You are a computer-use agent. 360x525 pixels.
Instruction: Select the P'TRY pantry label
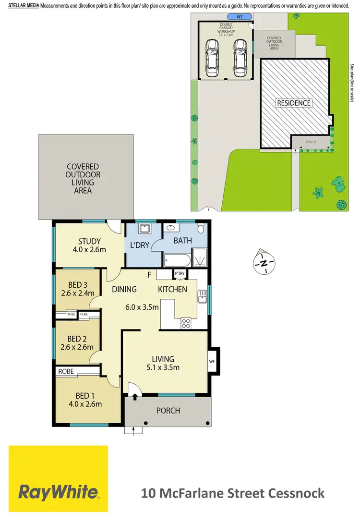[180, 274]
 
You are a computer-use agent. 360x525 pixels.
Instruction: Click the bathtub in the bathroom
[176, 261]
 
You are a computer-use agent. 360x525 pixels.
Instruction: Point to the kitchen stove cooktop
[186, 324]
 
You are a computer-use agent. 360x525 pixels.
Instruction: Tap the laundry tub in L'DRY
[144, 229]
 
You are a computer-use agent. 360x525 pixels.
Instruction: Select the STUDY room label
[89, 241]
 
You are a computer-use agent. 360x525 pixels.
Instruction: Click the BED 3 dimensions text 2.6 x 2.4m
[77, 293]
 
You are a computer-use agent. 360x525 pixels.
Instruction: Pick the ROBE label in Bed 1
[66, 371]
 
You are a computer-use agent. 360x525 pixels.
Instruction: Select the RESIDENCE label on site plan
[294, 103]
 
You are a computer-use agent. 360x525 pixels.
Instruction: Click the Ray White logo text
[59, 492]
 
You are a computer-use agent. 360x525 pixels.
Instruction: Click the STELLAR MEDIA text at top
[24, 6]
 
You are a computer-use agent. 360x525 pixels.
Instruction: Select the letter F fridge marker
[150, 275]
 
